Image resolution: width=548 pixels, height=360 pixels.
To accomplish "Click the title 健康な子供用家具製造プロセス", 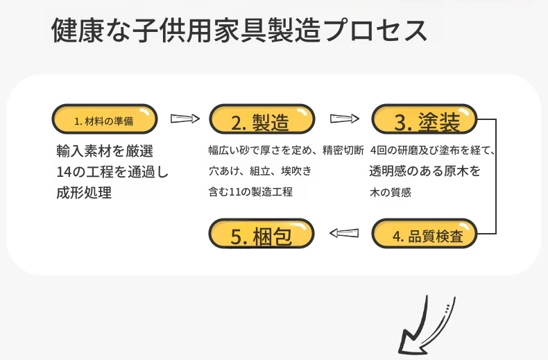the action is click(239, 31).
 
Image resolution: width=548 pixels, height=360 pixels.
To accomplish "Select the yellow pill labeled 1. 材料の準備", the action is click(105, 119).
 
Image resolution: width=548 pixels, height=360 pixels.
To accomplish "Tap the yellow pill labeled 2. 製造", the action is click(262, 119).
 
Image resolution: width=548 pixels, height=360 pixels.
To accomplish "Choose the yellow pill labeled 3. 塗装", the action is click(425, 119).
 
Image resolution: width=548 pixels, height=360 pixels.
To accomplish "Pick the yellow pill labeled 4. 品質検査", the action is click(425, 234).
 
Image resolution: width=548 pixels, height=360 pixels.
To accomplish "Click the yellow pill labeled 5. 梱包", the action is click(262, 234).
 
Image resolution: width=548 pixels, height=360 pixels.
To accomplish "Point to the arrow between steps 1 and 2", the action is click(185, 119).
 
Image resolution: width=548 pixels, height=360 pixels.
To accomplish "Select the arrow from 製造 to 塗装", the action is click(345, 119).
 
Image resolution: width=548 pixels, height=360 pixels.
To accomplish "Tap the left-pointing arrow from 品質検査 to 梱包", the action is click(344, 233).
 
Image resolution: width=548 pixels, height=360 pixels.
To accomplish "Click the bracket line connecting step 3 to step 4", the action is click(496, 176).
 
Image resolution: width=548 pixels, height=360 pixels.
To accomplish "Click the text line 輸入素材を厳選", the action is click(105, 151).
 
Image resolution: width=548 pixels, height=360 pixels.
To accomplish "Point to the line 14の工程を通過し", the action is click(112, 171).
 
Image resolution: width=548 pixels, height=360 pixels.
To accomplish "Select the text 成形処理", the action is click(84, 192).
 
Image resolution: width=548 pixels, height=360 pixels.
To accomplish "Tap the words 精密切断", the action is click(343, 151).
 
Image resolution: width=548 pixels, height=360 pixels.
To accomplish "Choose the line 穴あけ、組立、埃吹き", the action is click(260, 171).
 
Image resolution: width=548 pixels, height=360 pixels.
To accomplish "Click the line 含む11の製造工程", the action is click(250, 191).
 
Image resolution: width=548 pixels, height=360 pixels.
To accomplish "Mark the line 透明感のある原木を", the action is click(425, 171).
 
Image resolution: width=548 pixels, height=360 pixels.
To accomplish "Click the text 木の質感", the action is click(391, 192).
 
